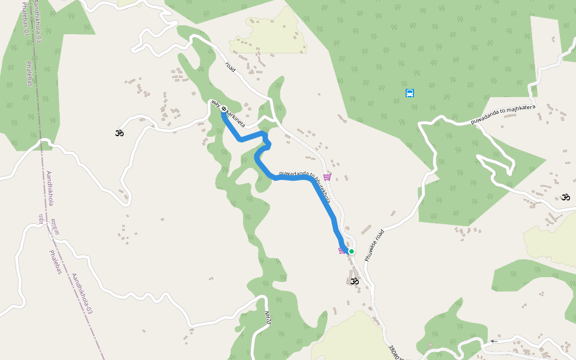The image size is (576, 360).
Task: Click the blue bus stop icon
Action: pos(410,93)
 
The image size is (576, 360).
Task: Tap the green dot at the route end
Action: pos(352,251)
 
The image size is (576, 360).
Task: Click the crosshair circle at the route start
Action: pos(223,109)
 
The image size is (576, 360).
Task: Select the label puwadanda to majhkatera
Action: pos(503,114)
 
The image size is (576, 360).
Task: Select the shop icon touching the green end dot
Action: pos(343,250)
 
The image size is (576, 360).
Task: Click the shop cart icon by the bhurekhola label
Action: pos(327,177)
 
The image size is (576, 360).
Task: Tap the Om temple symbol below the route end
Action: pos(354,280)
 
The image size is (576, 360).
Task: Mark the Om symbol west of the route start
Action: pos(119,132)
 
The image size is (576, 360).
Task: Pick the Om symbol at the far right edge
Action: pos(565,197)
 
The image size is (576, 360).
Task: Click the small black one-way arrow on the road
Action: pos(494,341)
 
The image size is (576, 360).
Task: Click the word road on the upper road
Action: pos(230,67)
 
